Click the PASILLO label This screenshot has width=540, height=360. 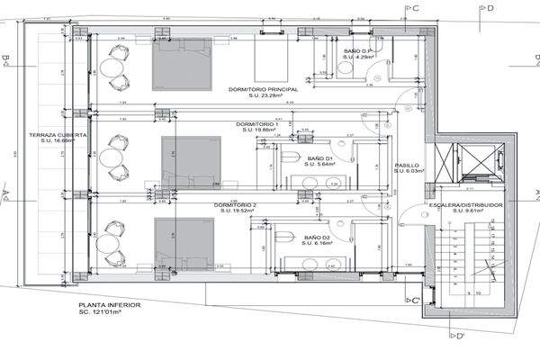pos(407,166)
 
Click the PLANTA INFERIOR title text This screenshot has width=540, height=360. pos(109,305)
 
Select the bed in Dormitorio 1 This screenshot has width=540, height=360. pos(190,158)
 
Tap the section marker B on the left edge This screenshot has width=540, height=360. pos(6,61)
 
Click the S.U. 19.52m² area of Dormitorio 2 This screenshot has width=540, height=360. pos(236,213)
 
